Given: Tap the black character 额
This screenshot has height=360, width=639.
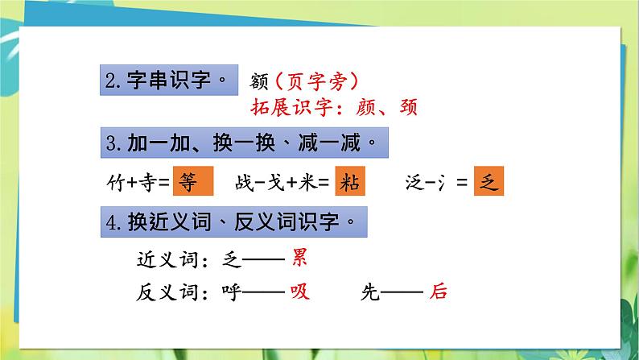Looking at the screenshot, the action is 259,81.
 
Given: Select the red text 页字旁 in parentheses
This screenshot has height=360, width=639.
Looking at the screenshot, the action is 316,81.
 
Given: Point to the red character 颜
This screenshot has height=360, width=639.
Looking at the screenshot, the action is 365,107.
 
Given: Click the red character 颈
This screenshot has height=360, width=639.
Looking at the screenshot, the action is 408,107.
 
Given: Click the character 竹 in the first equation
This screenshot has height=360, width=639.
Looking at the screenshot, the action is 116,182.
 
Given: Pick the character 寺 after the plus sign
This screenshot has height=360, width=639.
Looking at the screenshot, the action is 148,182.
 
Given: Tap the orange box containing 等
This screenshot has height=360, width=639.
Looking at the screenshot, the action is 193,181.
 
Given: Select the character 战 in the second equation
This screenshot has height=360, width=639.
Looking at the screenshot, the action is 245,182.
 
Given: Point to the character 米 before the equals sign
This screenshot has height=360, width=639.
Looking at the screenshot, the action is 307,182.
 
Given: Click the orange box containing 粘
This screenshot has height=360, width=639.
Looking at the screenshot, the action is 350,181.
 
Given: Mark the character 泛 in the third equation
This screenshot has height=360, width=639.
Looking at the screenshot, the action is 414,182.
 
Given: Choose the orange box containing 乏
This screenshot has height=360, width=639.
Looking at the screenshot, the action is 489,181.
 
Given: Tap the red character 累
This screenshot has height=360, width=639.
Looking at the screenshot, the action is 299,258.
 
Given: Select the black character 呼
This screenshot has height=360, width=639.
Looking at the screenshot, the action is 232,292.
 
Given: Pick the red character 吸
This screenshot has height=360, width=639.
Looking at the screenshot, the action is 299,292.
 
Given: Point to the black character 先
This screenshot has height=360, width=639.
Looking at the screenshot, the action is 370,292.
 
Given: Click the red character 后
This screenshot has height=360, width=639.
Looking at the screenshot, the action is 438,292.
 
